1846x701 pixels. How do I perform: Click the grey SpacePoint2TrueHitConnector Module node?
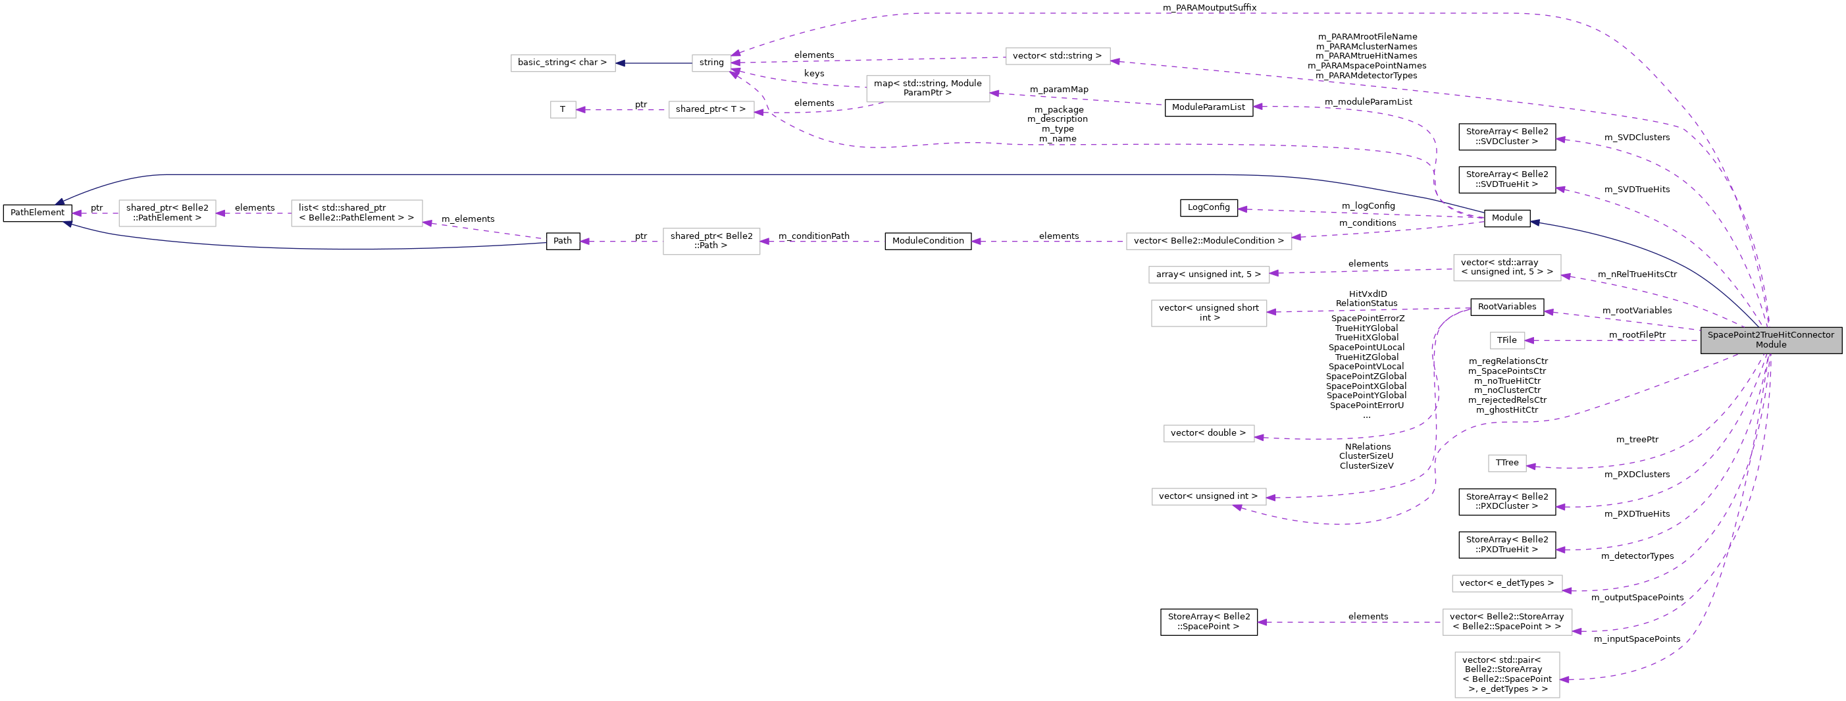click(1771, 340)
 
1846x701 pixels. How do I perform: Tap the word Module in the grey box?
click(1771, 345)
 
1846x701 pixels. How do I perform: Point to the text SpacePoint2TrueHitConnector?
click(1771, 335)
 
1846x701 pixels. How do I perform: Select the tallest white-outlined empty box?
click(1507, 675)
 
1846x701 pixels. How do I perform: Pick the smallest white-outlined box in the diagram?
click(563, 110)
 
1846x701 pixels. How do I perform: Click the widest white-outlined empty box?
click(1209, 242)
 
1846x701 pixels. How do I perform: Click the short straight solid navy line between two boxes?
click(654, 63)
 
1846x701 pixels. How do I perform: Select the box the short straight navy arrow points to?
click(563, 63)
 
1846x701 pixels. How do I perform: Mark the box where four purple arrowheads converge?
click(711, 63)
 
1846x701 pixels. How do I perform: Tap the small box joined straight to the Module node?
click(1507, 340)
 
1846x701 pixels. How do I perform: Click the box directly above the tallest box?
click(1507, 622)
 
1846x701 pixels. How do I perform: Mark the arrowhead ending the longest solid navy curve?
click(60, 202)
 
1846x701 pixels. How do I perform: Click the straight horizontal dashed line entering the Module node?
click(1612, 340)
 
